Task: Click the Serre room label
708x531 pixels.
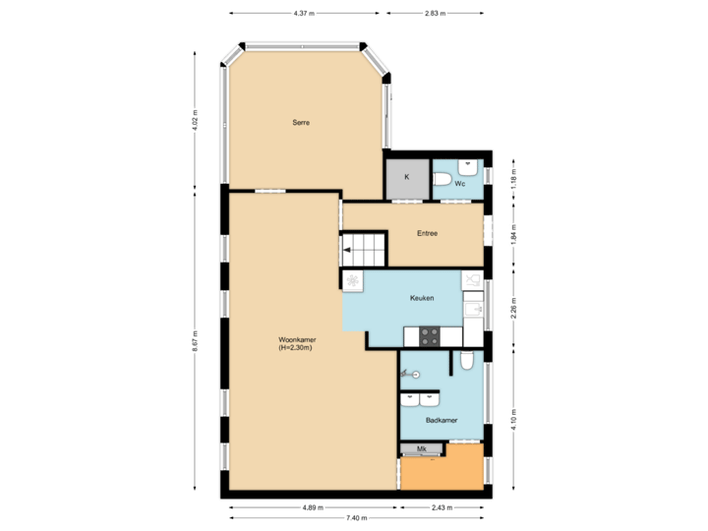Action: (x=301, y=123)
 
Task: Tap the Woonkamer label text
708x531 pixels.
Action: (x=296, y=343)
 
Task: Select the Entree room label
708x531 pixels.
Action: (x=427, y=233)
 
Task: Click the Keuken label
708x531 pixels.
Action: (x=422, y=297)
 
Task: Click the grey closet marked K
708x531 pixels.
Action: (x=406, y=179)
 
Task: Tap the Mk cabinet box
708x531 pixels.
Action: (x=422, y=448)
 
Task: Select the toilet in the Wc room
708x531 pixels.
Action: (x=442, y=180)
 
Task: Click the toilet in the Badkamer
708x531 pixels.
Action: (x=467, y=362)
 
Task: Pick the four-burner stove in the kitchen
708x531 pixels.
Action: (x=430, y=335)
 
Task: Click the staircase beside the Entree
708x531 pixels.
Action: (x=364, y=250)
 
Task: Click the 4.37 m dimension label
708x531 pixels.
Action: (x=304, y=14)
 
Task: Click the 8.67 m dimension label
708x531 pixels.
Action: (x=195, y=341)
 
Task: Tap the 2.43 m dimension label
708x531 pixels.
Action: (x=442, y=507)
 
